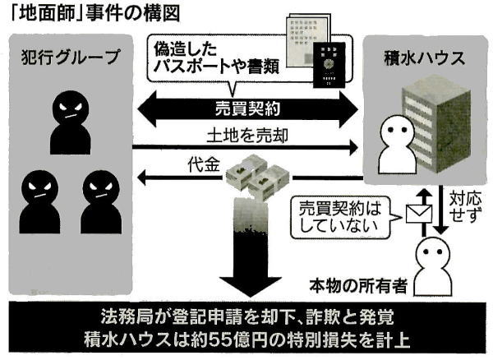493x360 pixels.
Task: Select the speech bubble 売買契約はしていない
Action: coord(345,215)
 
